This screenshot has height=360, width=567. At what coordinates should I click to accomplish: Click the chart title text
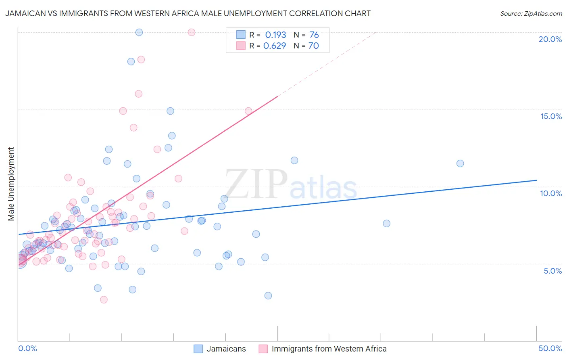188,13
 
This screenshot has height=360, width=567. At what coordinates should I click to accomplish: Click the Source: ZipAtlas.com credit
531,13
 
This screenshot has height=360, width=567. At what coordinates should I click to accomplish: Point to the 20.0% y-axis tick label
550,39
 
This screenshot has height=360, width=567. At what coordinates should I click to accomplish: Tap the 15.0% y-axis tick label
551,116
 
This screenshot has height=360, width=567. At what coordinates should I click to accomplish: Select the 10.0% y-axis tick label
551,193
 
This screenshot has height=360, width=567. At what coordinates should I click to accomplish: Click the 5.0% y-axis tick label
552,271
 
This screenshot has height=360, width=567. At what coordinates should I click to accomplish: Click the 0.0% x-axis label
27,348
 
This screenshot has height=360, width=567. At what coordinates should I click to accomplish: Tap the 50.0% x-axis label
550,348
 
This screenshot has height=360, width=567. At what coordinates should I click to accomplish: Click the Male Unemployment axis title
11,184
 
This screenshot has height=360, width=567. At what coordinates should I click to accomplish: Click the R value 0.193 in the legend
275,35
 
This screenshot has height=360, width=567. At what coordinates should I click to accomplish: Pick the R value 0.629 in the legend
275,46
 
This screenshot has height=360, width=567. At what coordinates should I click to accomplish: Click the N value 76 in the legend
314,35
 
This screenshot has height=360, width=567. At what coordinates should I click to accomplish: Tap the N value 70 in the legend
313,46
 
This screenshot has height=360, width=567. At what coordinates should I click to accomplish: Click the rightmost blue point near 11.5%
460,163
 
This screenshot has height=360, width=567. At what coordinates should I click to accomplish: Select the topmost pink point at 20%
192,32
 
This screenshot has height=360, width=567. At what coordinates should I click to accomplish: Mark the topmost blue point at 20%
139,32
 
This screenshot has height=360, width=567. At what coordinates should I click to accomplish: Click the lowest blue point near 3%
268,295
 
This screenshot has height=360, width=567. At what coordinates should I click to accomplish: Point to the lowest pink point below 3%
104,299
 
